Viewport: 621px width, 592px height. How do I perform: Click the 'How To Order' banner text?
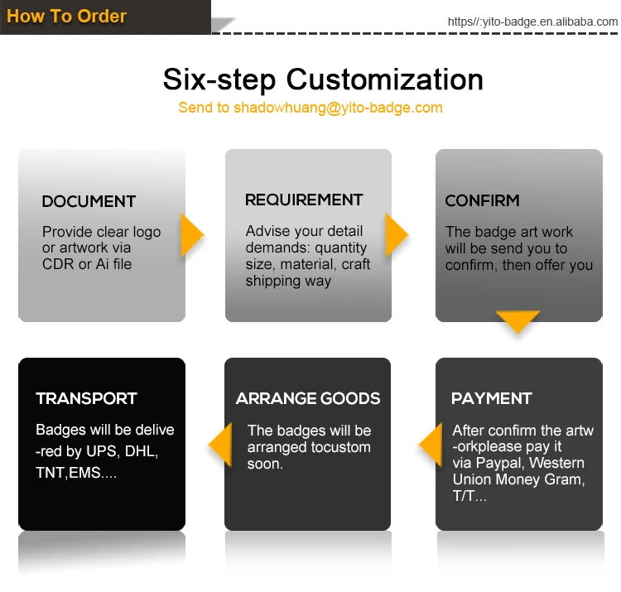click(x=66, y=16)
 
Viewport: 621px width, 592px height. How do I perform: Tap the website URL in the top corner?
click(x=532, y=22)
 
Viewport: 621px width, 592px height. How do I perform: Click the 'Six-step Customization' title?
click(x=323, y=79)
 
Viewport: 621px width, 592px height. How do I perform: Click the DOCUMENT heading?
click(x=89, y=201)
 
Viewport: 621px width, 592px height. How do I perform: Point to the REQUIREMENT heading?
click(x=304, y=200)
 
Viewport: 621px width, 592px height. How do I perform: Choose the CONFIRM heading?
click(x=482, y=200)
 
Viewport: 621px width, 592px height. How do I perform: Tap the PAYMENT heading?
click(x=491, y=398)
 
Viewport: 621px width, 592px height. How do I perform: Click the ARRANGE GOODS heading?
click(x=308, y=398)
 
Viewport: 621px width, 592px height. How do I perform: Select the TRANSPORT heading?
click(x=86, y=398)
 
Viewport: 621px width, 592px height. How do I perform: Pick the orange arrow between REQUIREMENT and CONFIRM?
click(x=397, y=236)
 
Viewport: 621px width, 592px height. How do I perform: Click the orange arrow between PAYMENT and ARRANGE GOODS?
click(x=431, y=447)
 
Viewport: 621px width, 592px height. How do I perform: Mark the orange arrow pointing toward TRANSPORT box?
click(x=219, y=447)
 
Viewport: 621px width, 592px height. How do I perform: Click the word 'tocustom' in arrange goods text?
click(x=340, y=447)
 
